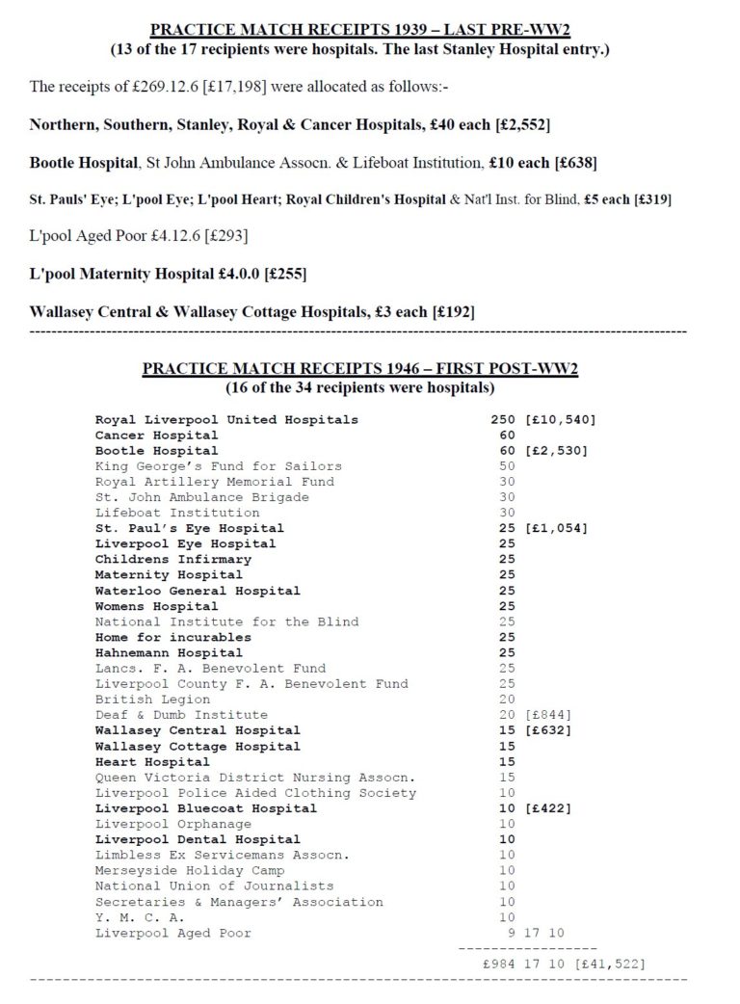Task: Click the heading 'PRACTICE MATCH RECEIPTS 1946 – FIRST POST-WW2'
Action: tap(360, 369)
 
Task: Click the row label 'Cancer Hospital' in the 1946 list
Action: tap(156, 435)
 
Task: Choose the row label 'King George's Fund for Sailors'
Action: tap(218, 466)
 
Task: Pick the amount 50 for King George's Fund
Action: tap(507, 466)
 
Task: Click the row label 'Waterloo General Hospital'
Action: tap(198, 591)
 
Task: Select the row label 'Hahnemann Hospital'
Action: tap(169, 652)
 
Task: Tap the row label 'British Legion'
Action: tap(152, 700)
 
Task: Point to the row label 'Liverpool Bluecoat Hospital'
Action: tap(205, 808)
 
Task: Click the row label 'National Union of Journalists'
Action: tap(214, 886)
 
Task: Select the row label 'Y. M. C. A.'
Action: tap(140, 917)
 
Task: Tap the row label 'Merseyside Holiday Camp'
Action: tap(189, 870)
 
